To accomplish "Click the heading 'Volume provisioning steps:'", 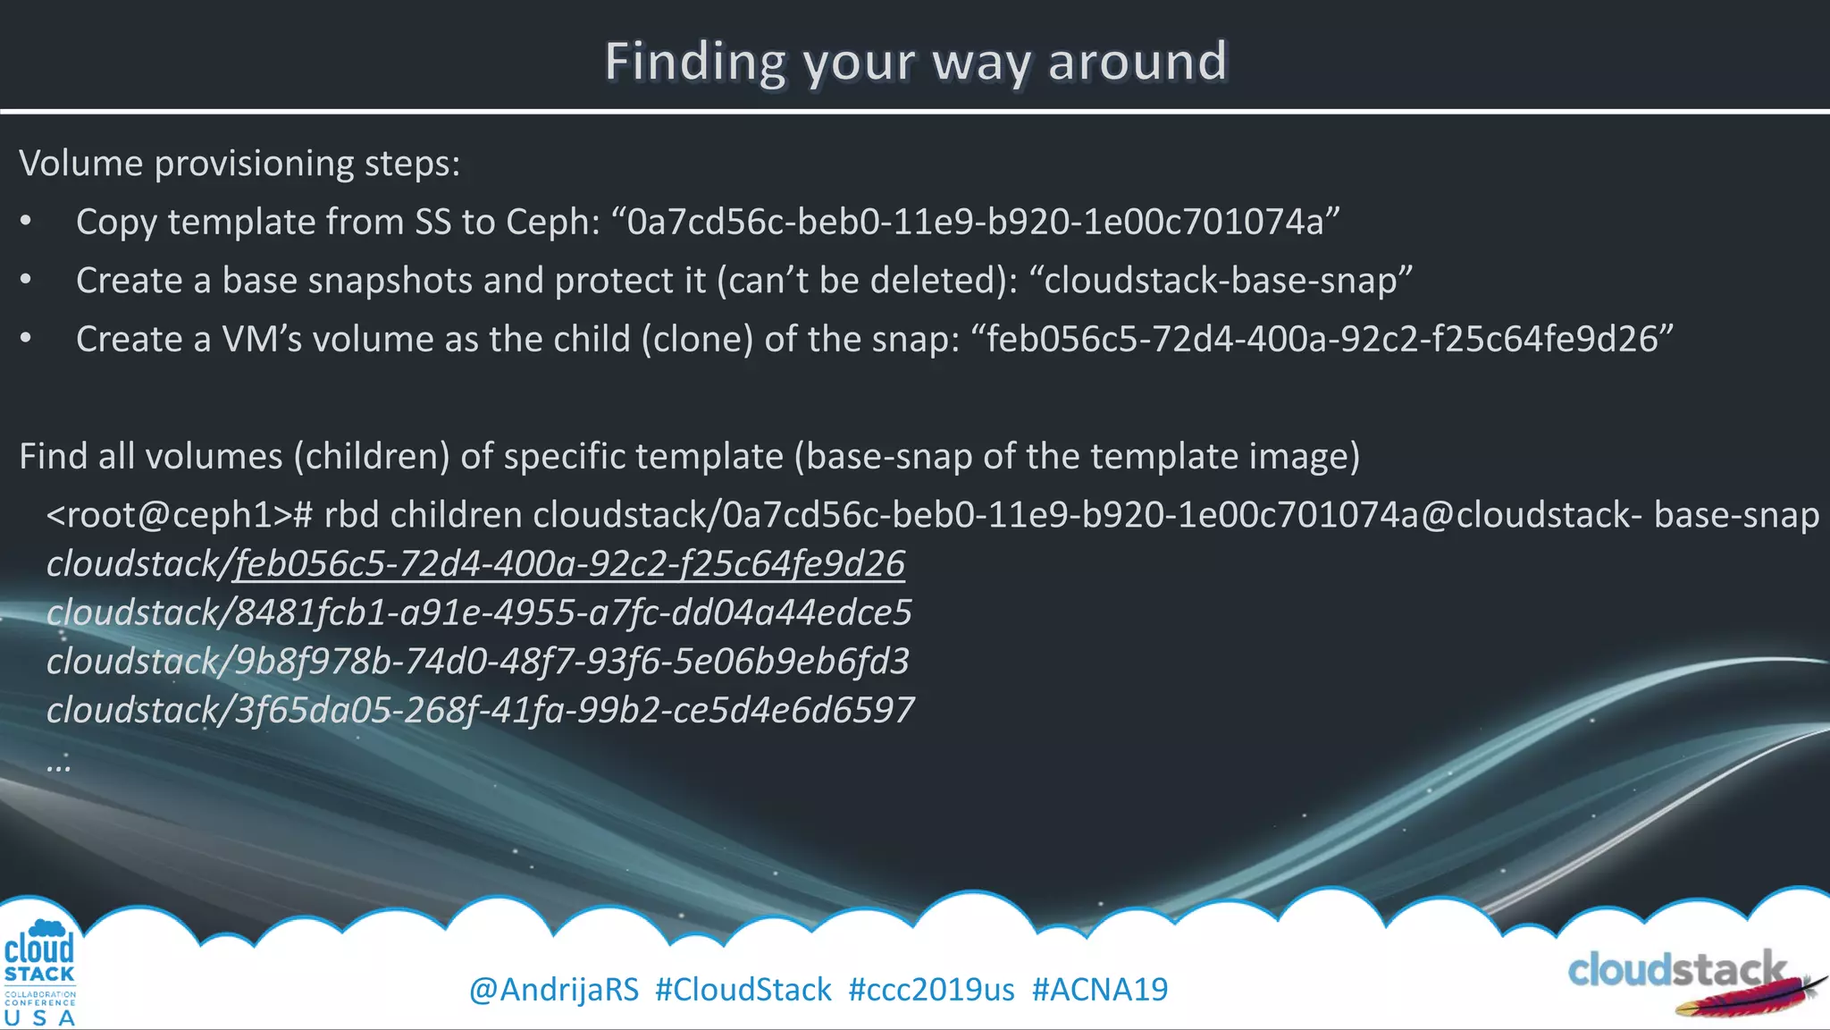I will [x=239, y=164].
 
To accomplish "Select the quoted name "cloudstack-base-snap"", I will [x=1221, y=281].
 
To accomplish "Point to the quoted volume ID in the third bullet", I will [x=1322, y=340].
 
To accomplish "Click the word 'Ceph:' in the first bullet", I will [x=553, y=222].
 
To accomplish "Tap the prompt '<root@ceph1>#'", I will [x=179, y=515].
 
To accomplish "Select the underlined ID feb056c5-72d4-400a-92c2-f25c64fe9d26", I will [x=570, y=564].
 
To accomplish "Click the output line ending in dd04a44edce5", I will [x=479, y=613].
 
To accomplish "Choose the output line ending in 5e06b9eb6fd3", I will [x=477, y=662].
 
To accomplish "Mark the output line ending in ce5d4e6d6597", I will [x=480, y=711].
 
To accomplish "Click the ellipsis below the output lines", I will [x=59, y=764].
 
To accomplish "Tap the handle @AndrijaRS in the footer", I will [x=554, y=990].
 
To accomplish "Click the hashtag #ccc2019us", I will [x=931, y=990].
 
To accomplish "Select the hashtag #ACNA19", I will [x=1100, y=990].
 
